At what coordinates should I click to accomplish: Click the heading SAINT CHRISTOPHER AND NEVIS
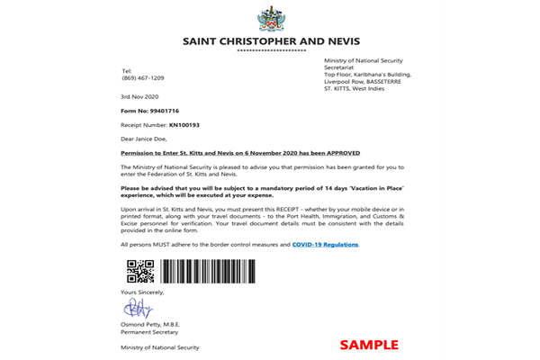[270, 40]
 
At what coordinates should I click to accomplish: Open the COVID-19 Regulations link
[326, 244]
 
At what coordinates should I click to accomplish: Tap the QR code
[139, 271]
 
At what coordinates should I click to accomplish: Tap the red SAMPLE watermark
[368, 344]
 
